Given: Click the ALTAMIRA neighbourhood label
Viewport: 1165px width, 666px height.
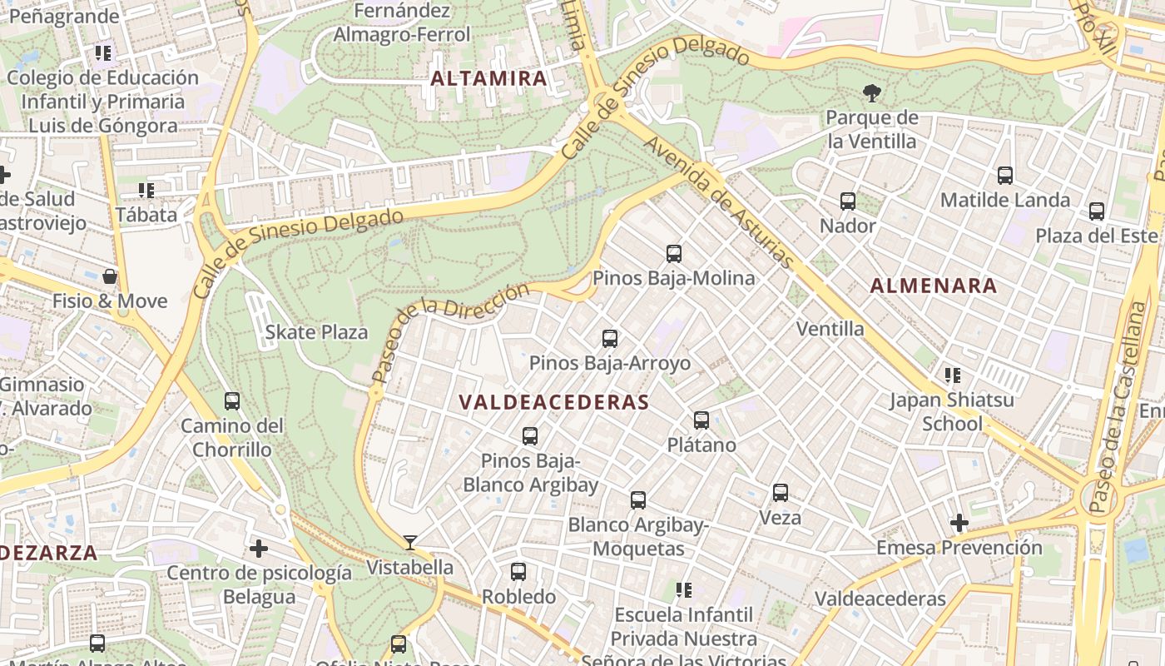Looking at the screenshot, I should point(488,79).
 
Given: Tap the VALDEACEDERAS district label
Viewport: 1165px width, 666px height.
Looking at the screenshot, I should point(553,402).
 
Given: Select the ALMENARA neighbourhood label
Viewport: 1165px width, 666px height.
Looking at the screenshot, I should point(933,286).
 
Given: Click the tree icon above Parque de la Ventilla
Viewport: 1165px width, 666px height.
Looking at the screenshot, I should point(871,92).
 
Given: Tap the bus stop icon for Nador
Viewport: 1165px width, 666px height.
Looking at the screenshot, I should point(847,201).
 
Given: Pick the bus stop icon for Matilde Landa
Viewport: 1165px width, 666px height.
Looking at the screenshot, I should point(1004,176).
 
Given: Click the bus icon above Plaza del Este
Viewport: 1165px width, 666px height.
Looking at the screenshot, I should point(1096,211).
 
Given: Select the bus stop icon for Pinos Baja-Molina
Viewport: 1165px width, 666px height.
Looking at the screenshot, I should point(673,254).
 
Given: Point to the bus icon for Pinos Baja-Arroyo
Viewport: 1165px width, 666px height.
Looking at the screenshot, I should point(609,339).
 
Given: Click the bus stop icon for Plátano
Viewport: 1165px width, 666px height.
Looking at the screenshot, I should point(701,420).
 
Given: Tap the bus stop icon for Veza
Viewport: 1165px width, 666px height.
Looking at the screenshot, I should point(780,493).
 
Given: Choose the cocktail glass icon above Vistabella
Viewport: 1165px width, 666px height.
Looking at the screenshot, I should point(409,543).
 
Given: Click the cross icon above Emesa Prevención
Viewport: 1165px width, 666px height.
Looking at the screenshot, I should point(959,523).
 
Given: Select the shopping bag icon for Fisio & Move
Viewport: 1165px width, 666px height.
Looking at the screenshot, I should point(109,276).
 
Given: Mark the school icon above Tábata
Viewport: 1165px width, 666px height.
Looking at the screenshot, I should point(146,191).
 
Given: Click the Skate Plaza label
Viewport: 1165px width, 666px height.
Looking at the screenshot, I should point(316,332).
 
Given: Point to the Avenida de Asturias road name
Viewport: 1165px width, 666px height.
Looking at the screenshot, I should point(719,202).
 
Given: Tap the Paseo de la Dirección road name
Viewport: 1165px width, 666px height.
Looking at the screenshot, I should point(450,332).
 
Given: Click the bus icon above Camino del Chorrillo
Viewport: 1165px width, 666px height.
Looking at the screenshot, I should point(231,401).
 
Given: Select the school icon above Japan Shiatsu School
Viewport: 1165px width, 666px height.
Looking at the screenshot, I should point(952,375).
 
